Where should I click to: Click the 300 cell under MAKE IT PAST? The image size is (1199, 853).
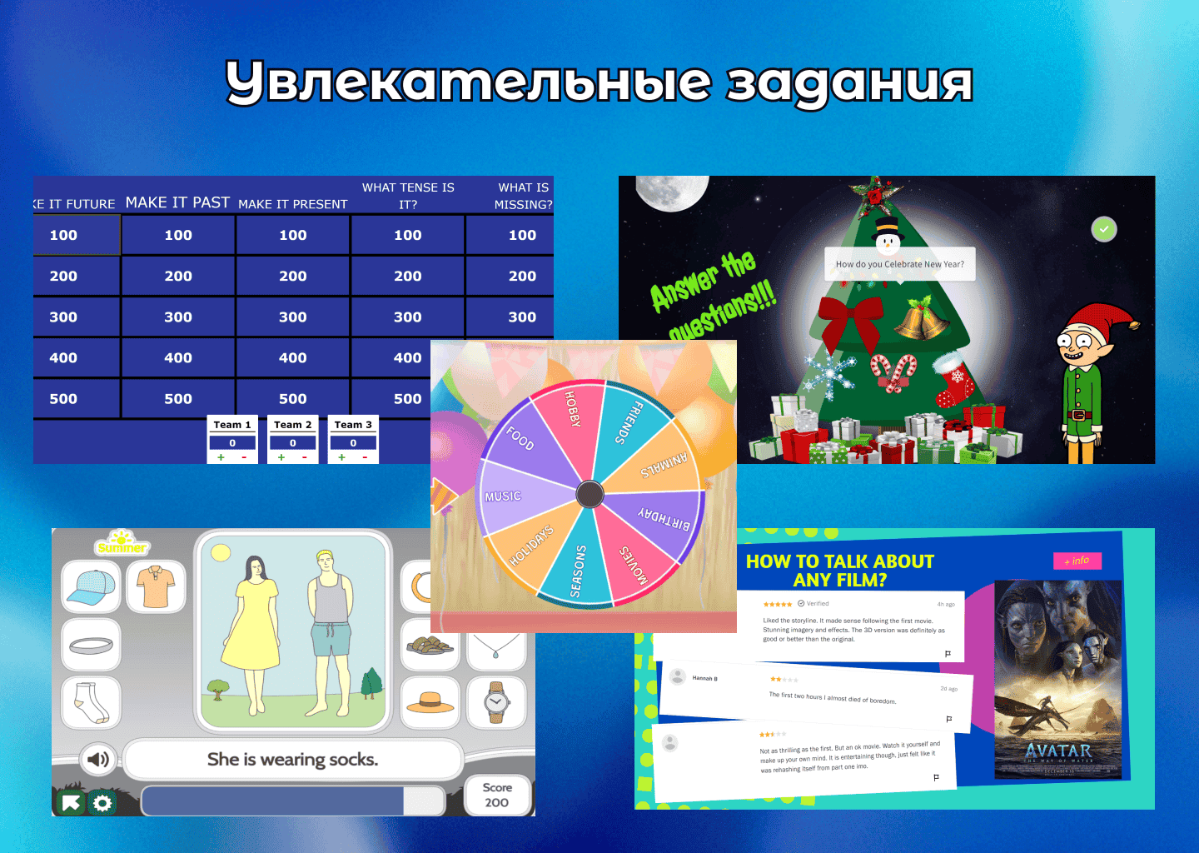click(178, 317)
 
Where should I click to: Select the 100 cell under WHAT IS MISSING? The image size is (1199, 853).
click(522, 235)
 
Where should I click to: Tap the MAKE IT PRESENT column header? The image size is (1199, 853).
click(293, 204)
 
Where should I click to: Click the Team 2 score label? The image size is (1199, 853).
click(293, 425)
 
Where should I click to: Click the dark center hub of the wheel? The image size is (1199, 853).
click(590, 494)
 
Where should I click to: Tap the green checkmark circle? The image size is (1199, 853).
click(1104, 229)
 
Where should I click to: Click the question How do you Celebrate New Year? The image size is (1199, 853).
click(899, 264)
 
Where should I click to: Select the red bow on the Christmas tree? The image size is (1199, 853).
click(849, 321)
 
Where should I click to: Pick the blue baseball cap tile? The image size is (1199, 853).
click(92, 586)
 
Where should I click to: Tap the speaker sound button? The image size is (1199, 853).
click(98, 759)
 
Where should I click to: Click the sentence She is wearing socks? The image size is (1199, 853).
click(292, 759)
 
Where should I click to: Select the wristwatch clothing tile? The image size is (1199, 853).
click(496, 701)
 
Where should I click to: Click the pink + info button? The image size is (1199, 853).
click(1077, 561)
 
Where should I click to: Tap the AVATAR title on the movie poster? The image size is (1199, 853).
click(1057, 751)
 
